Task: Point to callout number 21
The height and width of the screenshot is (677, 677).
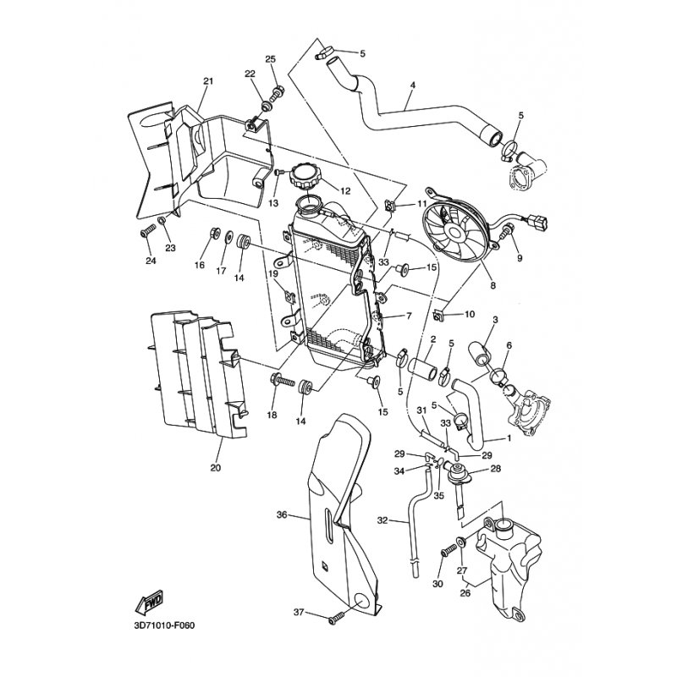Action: (x=208, y=81)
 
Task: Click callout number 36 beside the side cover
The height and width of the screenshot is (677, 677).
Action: (x=282, y=515)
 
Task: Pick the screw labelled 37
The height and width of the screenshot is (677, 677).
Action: (x=335, y=620)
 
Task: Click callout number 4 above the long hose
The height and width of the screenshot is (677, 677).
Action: (x=413, y=85)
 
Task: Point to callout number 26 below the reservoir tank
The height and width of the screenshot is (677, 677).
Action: (x=465, y=593)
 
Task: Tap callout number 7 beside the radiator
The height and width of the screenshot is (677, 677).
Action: (x=409, y=316)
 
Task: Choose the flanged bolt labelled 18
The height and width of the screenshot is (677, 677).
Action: (x=283, y=382)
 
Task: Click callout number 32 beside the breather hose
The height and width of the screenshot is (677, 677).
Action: (x=383, y=520)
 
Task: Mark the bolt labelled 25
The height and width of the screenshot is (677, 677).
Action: (x=275, y=92)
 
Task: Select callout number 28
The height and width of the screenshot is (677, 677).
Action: (x=495, y=468)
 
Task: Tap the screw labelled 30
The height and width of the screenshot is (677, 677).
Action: (x=449, y=551)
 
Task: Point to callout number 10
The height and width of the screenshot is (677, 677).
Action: (x=469, y=314)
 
